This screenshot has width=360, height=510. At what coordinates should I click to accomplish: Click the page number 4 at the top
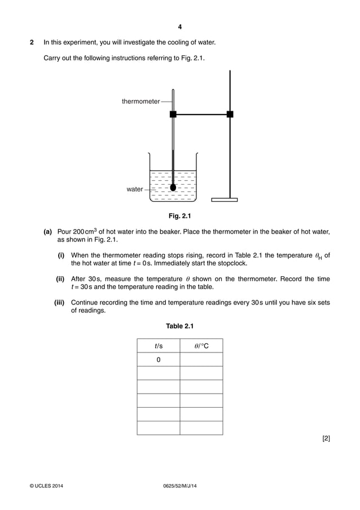[x=179, y=27]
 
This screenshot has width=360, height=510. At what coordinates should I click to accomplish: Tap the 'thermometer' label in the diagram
[x=141, y=102]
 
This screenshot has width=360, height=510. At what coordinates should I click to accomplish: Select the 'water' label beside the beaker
[x=134, y=189]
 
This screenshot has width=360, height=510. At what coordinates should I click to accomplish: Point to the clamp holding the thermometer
[x=173, y=114]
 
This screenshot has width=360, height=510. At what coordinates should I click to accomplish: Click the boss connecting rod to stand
[x=230, y=114]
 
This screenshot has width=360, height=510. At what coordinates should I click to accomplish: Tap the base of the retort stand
[x=224, y=199]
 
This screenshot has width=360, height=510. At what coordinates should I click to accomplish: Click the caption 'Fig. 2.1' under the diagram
[x=180, y=216]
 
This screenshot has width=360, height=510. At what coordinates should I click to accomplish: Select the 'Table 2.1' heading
[x=179, y=326]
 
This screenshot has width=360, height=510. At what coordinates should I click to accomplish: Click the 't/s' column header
[x=158, y=346]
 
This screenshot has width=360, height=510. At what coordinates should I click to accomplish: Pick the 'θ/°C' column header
[x=201, y=346]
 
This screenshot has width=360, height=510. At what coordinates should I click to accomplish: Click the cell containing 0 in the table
[x=158, y=360]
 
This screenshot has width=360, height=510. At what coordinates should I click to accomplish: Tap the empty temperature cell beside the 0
[x=201, y=360]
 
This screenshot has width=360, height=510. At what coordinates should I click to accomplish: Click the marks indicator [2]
[x=326, y=438]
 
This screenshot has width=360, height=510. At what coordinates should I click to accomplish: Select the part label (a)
[x=48, y=232]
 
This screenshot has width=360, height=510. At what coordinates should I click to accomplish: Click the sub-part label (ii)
[x=60, y=279]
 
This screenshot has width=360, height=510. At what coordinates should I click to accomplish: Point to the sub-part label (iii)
[x=59, y=302]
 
